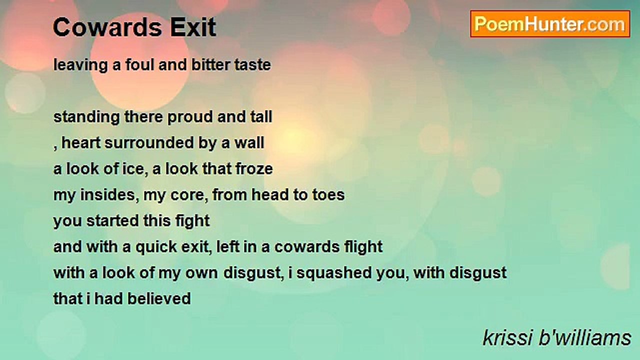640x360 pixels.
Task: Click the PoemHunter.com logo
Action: [550, 24]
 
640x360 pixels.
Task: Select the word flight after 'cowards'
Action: [363, 246]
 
